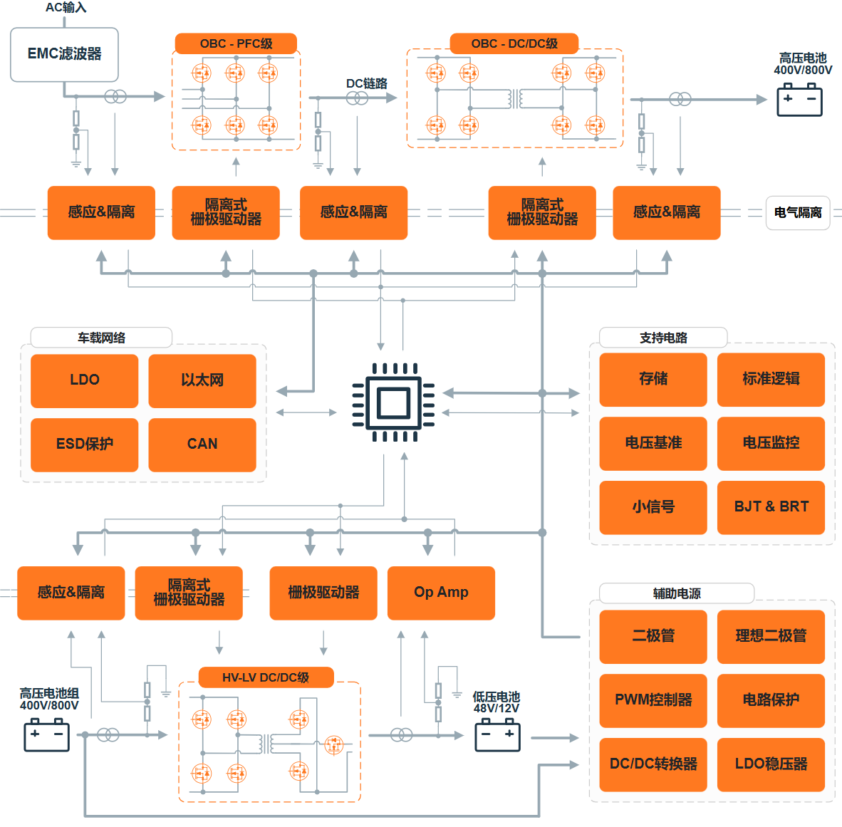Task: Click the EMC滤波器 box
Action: [x=64, y=54]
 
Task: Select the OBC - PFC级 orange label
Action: [x=237, y=43]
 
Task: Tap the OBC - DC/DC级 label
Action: [x=514, y=43]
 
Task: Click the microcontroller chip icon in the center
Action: [x=394, y=402]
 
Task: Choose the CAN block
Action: [x=202, y=444]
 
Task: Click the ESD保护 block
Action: [x=84, y=444]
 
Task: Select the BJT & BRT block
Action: [x=771, y=507]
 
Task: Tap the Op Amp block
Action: [x=442, y=593]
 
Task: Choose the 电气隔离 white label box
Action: [x=798, y=213]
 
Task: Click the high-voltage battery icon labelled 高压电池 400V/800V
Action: [x=799, y=99]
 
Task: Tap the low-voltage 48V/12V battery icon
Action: [x=498, y=735]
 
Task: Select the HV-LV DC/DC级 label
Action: [x=266, y=677]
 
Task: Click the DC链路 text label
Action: [x=367, y=84]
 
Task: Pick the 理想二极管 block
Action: [x=771, y=637]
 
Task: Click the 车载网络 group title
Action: [x=101, y=338]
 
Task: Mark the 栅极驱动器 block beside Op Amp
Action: [x=323, y=593]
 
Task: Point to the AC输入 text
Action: [x=66, y=8]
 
